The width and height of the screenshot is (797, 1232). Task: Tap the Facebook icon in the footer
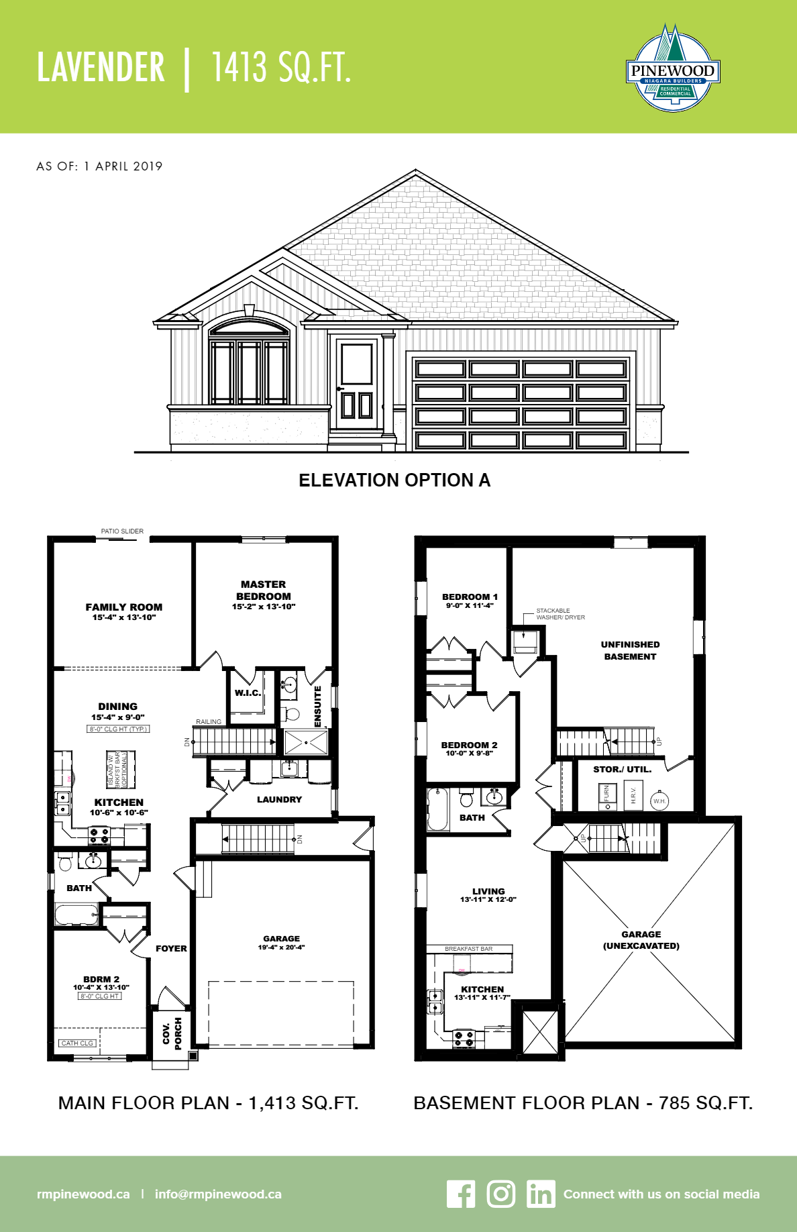point(461,1194)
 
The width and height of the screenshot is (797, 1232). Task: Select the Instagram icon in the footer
point(500,1194)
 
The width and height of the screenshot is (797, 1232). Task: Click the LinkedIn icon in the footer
point(541,1194)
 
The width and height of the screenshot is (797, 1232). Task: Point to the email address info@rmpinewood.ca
point(218,1194)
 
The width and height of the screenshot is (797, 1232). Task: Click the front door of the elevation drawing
point(356,386)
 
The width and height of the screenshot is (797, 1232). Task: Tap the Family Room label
point(124,607)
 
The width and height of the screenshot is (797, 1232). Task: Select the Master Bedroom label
point(264,591)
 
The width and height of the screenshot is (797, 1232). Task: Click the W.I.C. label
point(248,693)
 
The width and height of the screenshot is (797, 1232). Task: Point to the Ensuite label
point(318,706)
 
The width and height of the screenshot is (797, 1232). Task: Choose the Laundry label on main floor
point(279,800)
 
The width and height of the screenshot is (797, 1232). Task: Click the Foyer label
point(171,949)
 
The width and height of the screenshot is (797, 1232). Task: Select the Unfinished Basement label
point(630,650)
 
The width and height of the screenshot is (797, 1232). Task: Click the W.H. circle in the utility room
point(659,801)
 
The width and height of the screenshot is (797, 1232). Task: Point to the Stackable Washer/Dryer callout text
point(560,614)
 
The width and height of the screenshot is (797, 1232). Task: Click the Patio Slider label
point(122,531)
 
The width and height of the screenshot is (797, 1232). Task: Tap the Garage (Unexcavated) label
point(641,940)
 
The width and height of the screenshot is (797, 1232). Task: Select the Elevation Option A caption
point(394,480)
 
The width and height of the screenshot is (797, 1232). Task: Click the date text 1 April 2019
point(123,166)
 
